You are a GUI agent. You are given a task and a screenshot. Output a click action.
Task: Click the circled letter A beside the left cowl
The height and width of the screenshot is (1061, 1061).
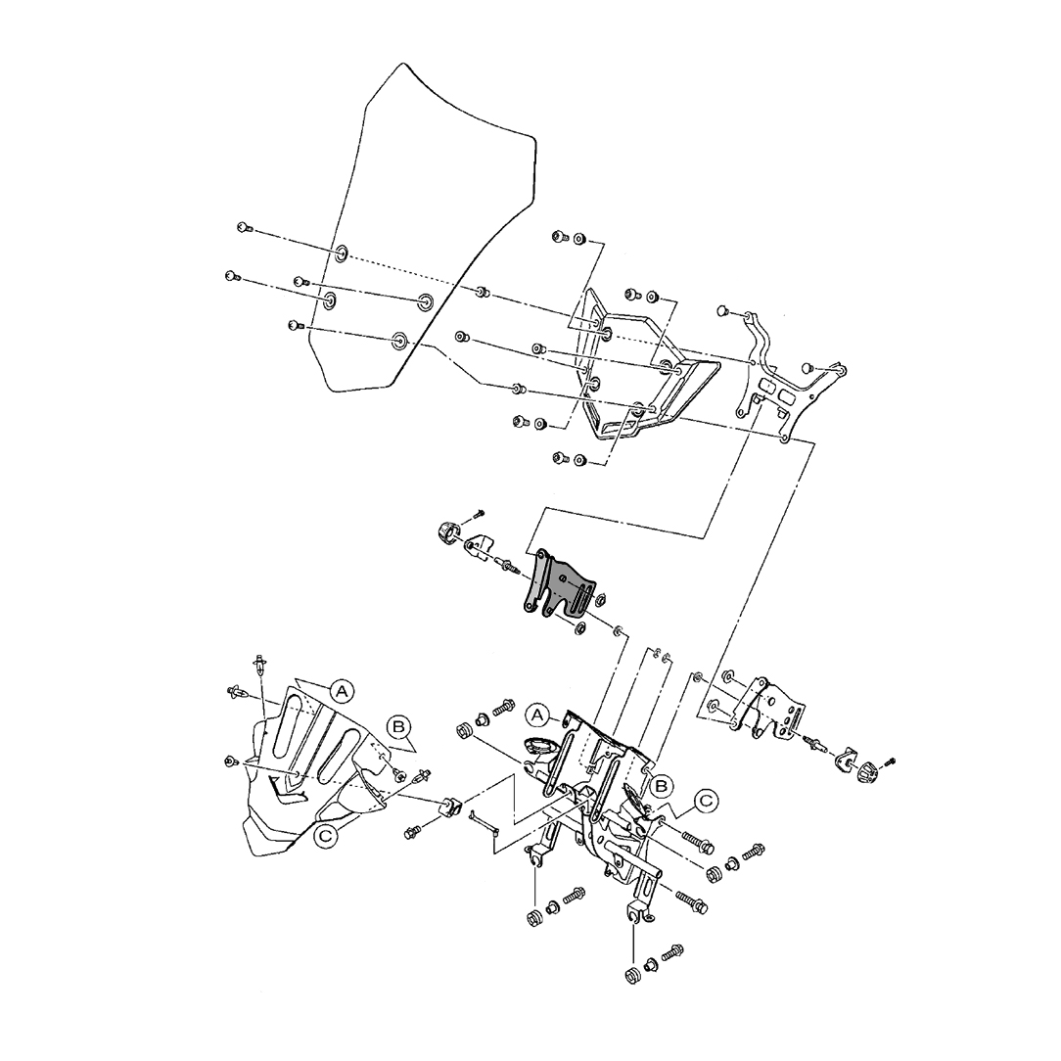click(341, 691)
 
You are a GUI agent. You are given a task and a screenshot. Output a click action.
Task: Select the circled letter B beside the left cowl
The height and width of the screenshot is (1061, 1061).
click(398, 726)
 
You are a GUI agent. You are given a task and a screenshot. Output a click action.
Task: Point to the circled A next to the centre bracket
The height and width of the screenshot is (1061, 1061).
click(538, 713)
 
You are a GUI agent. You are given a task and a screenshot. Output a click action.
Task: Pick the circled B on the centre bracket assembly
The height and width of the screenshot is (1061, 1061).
click(662, 784)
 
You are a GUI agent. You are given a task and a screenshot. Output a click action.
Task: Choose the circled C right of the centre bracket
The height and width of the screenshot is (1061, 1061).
click(707, 802)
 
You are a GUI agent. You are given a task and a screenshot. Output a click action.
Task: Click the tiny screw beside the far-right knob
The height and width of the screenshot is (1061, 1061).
click(890, 760)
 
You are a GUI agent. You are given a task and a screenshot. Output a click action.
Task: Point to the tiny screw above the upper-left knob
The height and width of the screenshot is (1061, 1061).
click(479, 513)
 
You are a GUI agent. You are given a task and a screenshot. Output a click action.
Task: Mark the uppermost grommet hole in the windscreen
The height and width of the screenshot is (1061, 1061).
click(341, 254)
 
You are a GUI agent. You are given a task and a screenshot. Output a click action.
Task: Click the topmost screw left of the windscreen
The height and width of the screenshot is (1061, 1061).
click(244, 228)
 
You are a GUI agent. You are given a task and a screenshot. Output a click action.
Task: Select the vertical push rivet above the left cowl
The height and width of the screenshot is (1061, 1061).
click(260, 665)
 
